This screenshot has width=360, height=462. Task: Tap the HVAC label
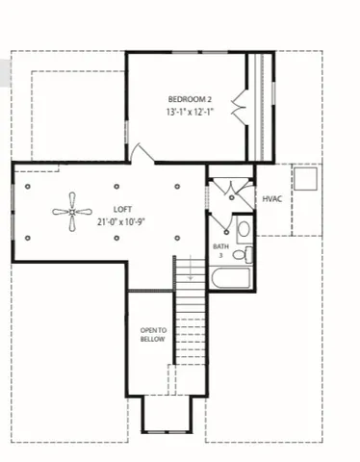click(x=272, y=199)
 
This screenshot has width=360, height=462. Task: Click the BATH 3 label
click(x=221, y=250)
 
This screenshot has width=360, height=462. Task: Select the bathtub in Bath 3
click(x=231, y=279)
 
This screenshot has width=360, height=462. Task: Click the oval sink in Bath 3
click(x=244, y=230)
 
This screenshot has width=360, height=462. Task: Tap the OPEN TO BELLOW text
click(x=154, y=334)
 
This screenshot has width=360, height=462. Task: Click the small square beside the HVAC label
click(x=307, y=181)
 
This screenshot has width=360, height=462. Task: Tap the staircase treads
click(x=190, y=327)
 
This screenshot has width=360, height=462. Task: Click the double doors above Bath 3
click(x=231, y=190)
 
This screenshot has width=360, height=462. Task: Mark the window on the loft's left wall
click(x=13, y=214)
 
